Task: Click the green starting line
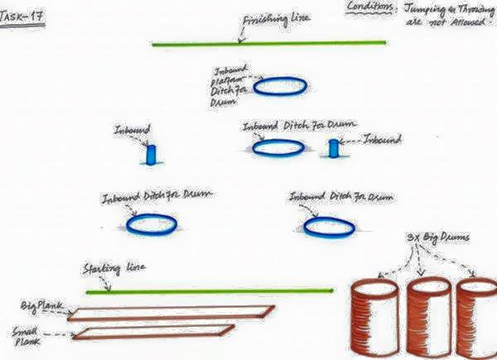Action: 207,290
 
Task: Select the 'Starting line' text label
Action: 110,270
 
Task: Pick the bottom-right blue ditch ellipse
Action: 330,225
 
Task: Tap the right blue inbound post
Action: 334,148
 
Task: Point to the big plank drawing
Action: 170,313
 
